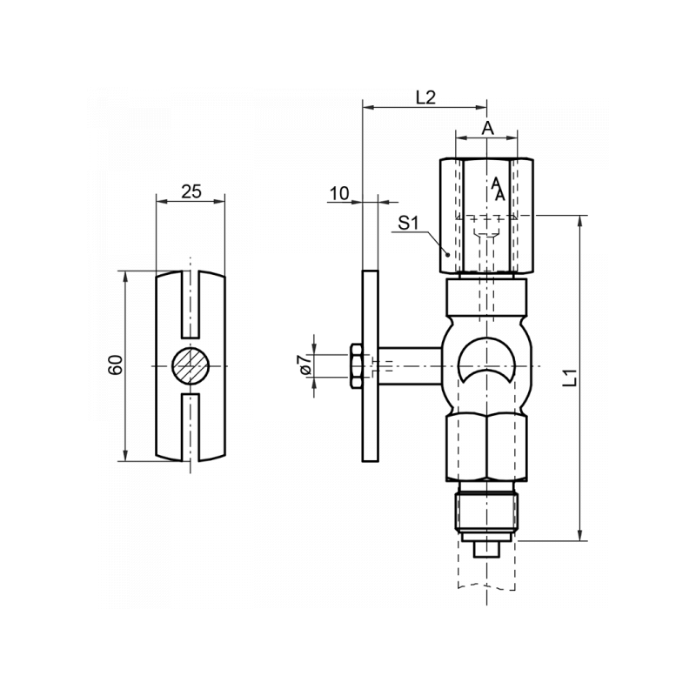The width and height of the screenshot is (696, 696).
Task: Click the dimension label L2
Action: tap(425, 97)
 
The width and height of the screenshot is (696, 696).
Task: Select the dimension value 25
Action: tap(191, 191)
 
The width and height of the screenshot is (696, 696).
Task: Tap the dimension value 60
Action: tap(116, 365)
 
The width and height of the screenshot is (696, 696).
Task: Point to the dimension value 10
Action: tap(339, 193)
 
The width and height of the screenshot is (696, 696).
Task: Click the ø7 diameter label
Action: tap(306, 365)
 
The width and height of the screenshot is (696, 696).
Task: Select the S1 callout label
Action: tap(408, 223)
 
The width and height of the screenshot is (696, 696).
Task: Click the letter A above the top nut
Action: tap(487, 128)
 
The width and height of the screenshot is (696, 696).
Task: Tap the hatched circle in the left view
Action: tap(191, 365)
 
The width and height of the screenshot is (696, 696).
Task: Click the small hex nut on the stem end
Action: tap(357, 366)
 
